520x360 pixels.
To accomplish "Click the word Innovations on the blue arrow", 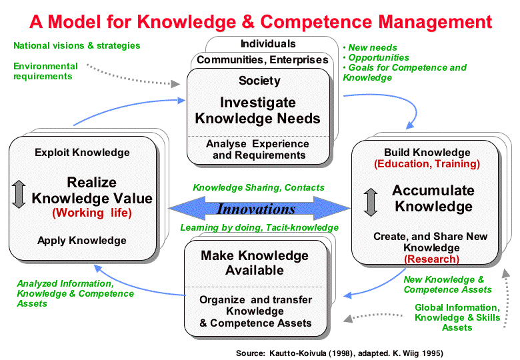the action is tap(256, 209).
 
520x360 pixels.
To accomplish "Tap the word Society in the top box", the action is tap(260, 81).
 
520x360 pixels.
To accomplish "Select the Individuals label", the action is tap(268, 44).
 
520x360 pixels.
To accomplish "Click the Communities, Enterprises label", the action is tap(262, 60).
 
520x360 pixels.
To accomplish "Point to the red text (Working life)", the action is tap(92, 213).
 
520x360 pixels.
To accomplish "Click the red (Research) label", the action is tap(431, 259).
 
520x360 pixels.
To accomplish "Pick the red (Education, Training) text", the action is tap(427, 164).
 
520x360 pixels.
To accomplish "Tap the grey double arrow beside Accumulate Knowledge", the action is tap(371, 202).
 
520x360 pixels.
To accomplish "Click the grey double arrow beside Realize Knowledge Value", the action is tap(19, 194).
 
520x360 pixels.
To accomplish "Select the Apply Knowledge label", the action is tap(82, 240).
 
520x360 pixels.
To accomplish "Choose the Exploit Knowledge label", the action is tap(82, 153).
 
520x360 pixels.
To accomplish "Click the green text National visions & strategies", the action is tap(77, 45).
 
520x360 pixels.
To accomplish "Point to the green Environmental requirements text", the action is tap(45, 71).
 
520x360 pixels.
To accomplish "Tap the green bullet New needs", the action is tap(370, 48).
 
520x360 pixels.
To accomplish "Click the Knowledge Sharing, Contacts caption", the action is tap(259, 187).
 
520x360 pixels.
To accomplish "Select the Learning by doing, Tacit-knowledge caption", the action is tap(259, 227).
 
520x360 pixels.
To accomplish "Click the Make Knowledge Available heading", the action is tap(255, 263).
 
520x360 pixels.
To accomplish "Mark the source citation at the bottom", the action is tap(339, 353).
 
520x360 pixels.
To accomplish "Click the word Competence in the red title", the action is tap(316, 22).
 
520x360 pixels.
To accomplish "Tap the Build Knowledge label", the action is tap(427, 153).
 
